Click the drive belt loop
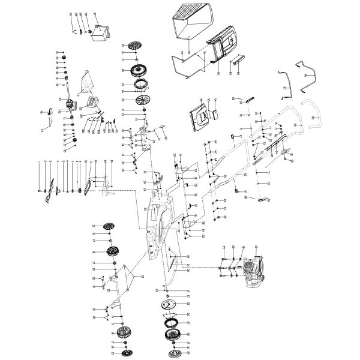tap(90, 187)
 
